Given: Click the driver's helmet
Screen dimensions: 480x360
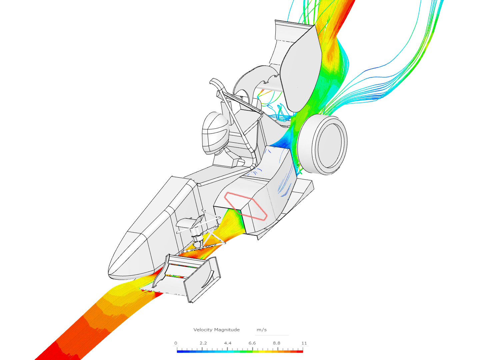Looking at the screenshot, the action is tap(215, 133).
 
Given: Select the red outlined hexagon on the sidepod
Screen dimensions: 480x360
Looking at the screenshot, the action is tap(246, 206).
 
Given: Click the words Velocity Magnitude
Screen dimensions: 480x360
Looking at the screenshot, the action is tap(216, 329).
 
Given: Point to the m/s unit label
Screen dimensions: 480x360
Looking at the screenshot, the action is tap(262, 330).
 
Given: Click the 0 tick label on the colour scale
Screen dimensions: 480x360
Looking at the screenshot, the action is tap(176, 343).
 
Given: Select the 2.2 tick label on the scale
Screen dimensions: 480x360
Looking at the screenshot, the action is tap(203, 343).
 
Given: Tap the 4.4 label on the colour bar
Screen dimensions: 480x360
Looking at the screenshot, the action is tap(228, 343).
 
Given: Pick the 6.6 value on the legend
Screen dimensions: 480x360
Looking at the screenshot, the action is tap(252, 343).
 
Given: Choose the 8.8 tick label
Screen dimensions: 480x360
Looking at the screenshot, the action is tap(277, 343).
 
